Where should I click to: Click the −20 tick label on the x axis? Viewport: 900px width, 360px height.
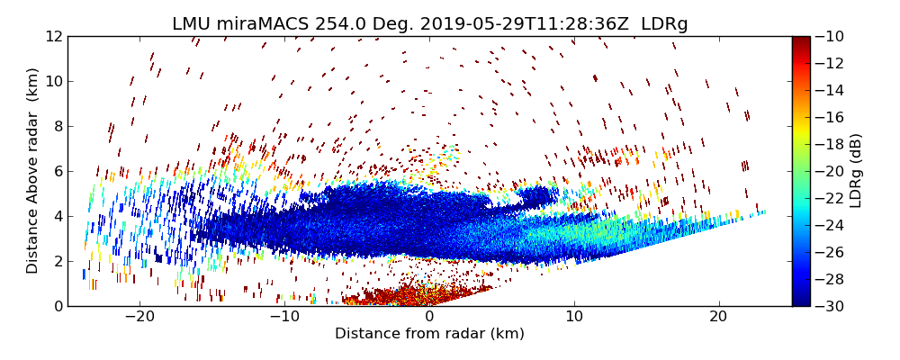(x=139, y=317)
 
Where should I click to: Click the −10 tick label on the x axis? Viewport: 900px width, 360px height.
(x=284, y=317)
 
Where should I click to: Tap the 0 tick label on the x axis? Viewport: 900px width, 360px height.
(x=429, y=317)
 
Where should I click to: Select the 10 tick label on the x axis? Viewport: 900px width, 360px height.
(x=574, y=317)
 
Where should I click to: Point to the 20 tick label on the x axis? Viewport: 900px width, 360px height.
(x=718, y=317)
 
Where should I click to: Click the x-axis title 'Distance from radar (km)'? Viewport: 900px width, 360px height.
(x=429, y=334)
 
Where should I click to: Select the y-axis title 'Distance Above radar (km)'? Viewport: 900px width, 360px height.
(x=33, y=171)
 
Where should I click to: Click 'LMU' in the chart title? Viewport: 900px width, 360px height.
(x=191, y=24)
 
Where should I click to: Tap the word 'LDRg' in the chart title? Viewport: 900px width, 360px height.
(x=664, y=24)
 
